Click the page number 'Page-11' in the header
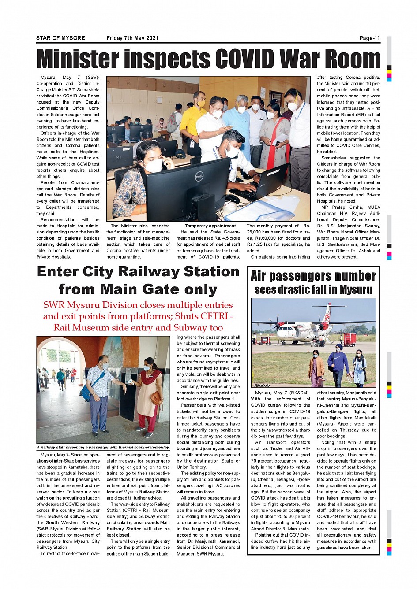[x=369, y=38]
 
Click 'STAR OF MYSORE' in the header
[x=60, y=38]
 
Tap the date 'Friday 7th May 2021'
[x=132, y=38]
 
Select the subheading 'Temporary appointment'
[x=210, y=226]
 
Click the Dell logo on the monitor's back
[x=199, y=177]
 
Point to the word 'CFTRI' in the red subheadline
[x=213, y=316]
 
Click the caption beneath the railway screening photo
[x=103, y=447]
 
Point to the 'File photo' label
[x=262, y=385]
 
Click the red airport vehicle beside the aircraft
[x=349, y=339]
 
